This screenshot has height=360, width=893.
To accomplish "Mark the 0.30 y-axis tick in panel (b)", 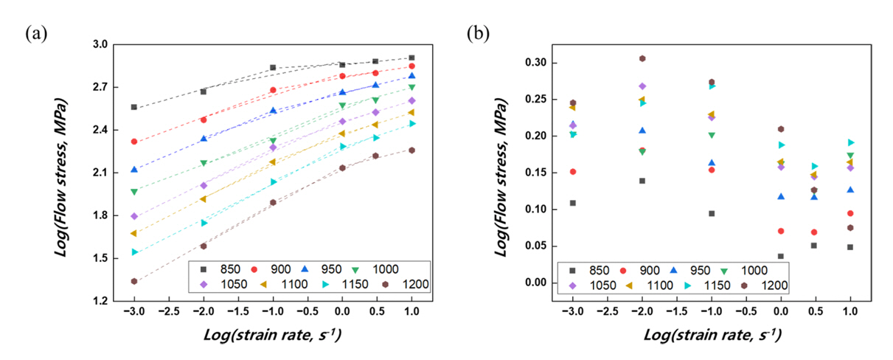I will click(x=538, y=63).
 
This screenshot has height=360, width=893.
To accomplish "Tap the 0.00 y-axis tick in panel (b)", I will click(x=538, y=283).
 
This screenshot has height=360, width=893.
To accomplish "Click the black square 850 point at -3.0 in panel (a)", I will click(x=133, y=107).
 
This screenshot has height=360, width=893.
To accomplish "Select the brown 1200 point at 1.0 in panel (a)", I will click(x=411, y=150).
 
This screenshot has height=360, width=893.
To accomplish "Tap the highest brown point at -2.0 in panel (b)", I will click(x=642, y=58).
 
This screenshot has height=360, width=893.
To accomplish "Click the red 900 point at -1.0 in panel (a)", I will click(x=273, y=90).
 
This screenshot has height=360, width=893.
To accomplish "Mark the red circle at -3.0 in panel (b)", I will click(x=573, y=171).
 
